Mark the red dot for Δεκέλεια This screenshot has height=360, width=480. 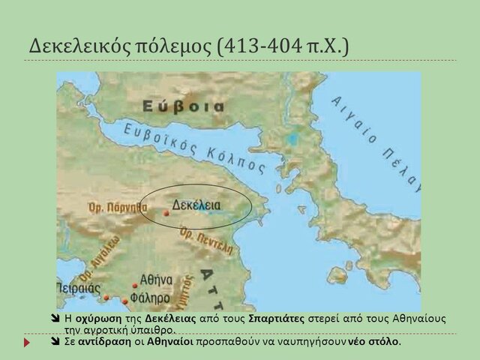pos(166,213)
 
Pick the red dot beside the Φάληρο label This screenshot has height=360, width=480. pos(125,301)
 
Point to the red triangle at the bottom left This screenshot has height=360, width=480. pos(28,342)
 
